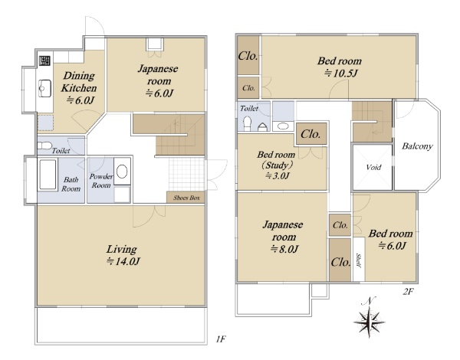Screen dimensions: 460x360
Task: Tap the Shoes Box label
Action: point(186,198)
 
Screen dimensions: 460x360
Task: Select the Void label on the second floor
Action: point(373,168)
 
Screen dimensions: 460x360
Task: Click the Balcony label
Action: point(417,146)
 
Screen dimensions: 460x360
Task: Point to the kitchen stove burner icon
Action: point(44,61)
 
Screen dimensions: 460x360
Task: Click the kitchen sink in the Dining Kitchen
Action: point(44,88)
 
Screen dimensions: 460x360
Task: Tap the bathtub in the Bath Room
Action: point(48,175)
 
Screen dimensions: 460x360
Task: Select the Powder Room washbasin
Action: point(122,172)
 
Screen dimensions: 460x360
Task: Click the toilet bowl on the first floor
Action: point(45,146)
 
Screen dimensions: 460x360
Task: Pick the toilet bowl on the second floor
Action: point(248,123)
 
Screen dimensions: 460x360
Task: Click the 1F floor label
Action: point(221,339)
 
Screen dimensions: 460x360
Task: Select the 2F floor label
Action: point(408,292)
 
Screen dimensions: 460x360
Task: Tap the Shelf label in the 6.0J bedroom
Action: point(359,260)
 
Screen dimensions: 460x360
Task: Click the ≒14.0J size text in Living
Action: point(123,261)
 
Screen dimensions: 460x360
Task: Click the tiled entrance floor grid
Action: point(186,175)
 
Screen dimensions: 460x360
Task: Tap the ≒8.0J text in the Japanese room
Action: point(284,249)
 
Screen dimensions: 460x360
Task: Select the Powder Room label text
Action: point(101,181)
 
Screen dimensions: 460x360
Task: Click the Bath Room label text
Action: point(71,184)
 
